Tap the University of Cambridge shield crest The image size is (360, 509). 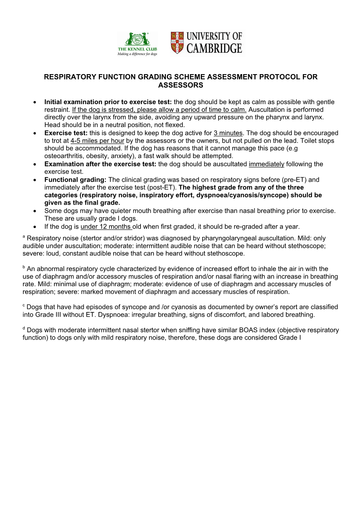point(177,42)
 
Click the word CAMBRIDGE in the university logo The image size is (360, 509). point(214,49)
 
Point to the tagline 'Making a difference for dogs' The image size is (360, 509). point(137,54)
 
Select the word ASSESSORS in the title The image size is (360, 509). point(180,85)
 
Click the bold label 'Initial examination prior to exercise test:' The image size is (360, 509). point(108,102)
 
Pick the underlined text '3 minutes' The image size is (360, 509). point(228,133)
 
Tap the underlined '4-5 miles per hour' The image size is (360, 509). point(97,141)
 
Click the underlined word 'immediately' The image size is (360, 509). point(266,164)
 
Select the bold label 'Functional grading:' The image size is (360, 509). point(75,180)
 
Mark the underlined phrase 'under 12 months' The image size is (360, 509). point(106,227)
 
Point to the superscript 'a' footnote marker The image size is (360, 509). point(24,236)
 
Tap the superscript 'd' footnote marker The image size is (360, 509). point(24,328)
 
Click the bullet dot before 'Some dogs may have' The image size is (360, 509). point(35,211)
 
